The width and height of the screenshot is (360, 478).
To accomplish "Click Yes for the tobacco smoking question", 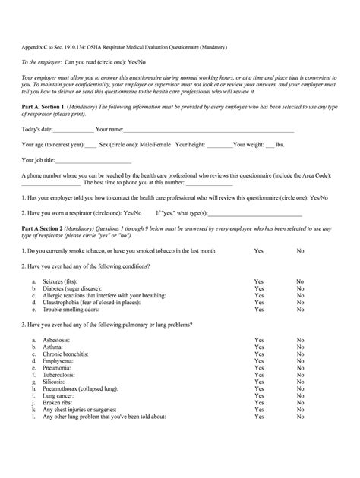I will (259, 250).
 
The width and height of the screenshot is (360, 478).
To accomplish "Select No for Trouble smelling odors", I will (301, 310).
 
